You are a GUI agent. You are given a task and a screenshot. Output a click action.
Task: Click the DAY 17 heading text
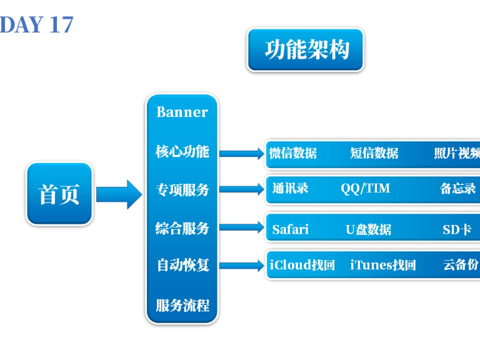[x=37, y=24]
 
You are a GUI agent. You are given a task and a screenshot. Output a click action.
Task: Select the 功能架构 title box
[x=306, y=49]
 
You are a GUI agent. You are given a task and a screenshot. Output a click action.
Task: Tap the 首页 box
[x=59, y=194]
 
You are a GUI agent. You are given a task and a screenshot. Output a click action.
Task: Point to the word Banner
[x=182, y=112]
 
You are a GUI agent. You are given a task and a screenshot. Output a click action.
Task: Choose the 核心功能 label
[x=182, y=152]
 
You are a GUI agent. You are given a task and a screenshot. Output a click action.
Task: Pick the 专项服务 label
[x=182, y=190]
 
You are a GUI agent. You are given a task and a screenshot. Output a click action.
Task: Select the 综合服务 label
[x=182, y=229]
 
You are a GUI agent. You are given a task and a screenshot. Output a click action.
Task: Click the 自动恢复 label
[x=182, y=265]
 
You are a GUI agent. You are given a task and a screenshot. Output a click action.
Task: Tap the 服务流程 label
[x=182, y=306]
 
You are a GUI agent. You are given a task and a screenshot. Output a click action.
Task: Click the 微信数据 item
[x=292, y=153]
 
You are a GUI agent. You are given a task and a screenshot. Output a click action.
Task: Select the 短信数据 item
[x=374, y=153]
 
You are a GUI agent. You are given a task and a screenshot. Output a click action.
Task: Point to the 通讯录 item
[x=290, y=188]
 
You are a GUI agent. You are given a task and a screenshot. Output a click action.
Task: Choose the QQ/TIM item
[x=366, y=189]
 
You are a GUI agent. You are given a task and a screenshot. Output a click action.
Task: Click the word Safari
[x=290, y=229]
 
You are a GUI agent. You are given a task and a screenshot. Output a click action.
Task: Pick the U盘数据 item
[x=368, y=229]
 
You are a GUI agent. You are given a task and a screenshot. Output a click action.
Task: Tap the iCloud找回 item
[x=302, y=265]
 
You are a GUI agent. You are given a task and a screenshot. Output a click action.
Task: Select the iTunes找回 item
[x=382, y=265]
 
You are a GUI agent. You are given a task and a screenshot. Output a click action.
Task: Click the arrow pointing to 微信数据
[x=242, y=153]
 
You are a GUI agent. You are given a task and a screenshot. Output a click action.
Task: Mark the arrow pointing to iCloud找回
[x=242, y=266]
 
